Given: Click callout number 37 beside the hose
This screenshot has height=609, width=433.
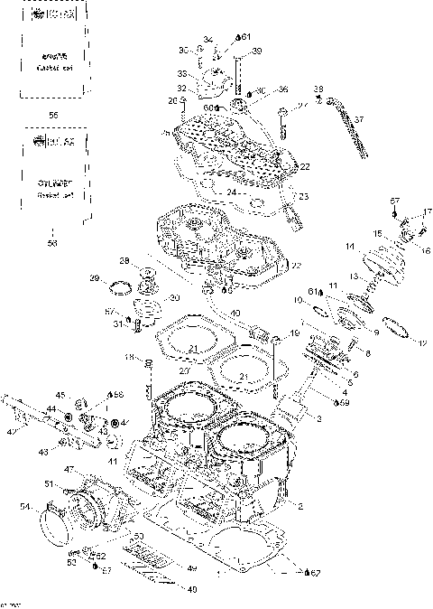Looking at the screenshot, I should (x=358, y=119).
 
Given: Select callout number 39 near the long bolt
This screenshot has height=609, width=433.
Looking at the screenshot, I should (x=257, y=52).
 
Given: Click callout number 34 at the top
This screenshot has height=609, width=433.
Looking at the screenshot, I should (x=207, y=40).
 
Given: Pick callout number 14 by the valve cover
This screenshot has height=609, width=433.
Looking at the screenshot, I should (x=349, y=246).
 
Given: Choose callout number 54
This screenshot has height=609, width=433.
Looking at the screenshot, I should (x=24, y=509).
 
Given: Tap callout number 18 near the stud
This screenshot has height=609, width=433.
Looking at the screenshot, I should (x=128, y=359).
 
